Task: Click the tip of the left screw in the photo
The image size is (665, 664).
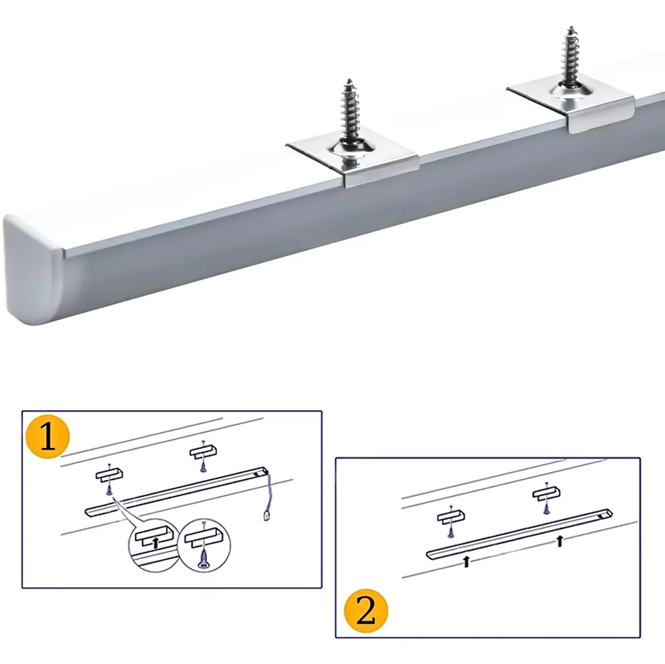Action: [349, 79]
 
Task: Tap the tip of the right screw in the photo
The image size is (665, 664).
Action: [572, 27]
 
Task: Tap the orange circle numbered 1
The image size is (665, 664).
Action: [47, 437]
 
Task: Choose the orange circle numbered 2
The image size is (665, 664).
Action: [366, 611]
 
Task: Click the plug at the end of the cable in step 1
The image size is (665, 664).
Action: [266, 516]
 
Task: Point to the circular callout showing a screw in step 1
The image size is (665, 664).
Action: [204, 545]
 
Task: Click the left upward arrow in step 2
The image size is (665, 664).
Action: [466, 561]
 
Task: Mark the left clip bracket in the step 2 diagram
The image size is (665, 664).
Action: [451, 517]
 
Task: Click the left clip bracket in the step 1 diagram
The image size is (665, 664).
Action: [109, 474]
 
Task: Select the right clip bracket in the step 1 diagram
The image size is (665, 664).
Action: [203, 451]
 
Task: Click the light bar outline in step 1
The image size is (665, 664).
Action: [177, 492]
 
